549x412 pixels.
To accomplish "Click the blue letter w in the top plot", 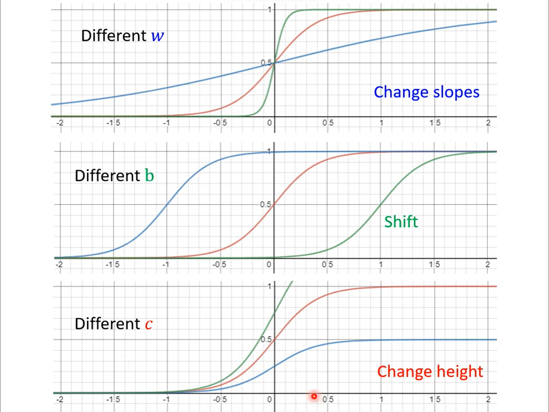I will (157, 36).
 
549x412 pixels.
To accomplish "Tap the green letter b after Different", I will (149, 175).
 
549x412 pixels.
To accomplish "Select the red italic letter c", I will (149, 324).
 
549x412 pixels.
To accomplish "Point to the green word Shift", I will (401, 222).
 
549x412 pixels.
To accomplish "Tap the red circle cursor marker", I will (314, 396).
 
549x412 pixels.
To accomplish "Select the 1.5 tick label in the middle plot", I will (434, 264).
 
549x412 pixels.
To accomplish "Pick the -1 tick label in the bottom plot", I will (166, 399).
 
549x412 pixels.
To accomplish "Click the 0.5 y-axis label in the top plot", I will (266, 63).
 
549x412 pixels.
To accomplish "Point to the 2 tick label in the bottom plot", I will (488, 399).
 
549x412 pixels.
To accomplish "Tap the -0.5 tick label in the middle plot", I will (219, 264).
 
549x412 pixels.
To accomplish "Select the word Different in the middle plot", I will (107, 175).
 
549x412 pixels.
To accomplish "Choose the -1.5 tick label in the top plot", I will (113, 123).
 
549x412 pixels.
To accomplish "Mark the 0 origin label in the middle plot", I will (269, 264).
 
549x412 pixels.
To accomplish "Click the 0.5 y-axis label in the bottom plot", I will (266, 339).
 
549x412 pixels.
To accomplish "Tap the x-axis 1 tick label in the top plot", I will (381, 123).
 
